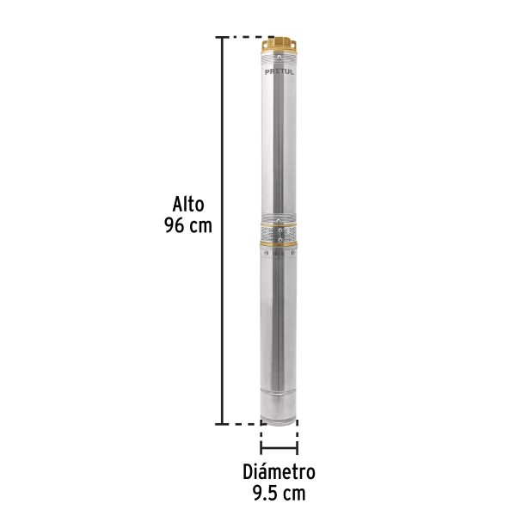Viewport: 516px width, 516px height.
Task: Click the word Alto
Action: (x=186, y=206)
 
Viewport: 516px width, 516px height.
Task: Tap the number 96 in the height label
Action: (x=174, y=226)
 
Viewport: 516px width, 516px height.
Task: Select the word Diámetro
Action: (x=279, y=472)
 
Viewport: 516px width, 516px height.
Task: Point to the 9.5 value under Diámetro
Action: (x=265, y=493)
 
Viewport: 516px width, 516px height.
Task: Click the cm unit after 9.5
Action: (x=293, y=493)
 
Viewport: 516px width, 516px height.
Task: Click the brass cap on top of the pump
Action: (x=279, y=46)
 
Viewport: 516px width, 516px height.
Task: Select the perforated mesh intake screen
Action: (x=279, y=235)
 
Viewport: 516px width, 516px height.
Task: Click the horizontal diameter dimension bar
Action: (x=279, y=448)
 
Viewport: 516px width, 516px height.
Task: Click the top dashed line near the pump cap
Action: (x=245, y=38)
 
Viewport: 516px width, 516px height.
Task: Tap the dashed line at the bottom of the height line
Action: (x=243, y=424)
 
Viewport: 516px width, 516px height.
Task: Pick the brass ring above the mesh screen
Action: (x=279, y=224)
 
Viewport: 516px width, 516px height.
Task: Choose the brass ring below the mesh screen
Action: (x=279, y=248)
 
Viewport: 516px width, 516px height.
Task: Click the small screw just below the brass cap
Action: (x=279, y=59)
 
